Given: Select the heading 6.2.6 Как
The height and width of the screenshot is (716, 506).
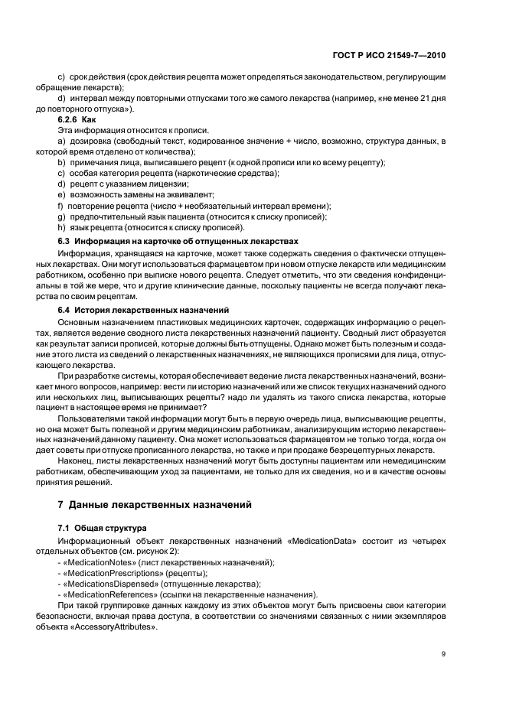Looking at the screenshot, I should [x=77, y=121].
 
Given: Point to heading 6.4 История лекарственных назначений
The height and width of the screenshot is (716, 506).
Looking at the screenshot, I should [x=144, y=310].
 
